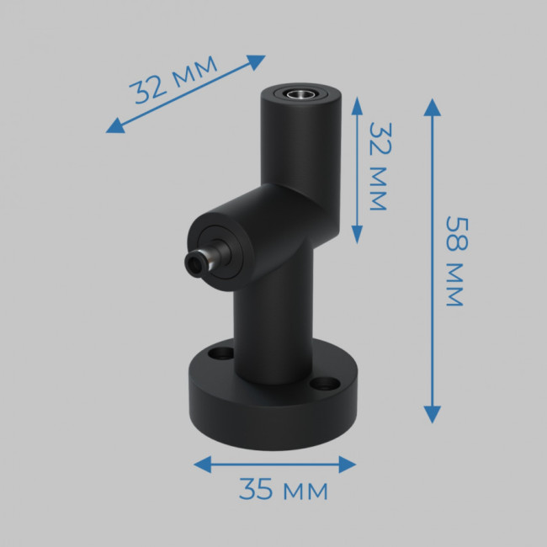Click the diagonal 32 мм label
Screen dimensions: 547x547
point(173,79)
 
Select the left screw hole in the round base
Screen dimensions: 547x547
point(221,353)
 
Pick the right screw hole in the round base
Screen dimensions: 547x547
point(321,385)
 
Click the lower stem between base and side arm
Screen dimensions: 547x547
point(273,328)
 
